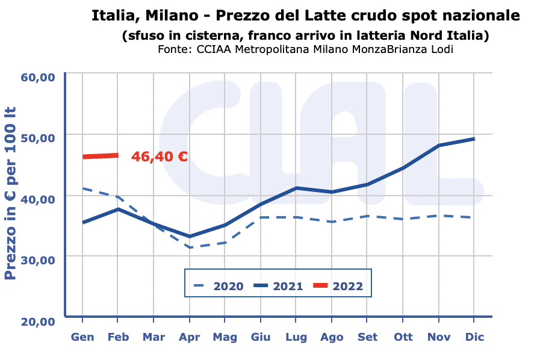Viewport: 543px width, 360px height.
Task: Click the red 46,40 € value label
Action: coord(160,157)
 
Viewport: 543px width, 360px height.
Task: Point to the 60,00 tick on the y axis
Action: coord(39,76)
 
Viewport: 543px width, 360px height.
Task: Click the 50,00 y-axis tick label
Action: coord(39,138)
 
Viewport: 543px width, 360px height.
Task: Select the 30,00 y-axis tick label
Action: coord(39,259)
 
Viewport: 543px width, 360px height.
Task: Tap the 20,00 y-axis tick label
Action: coord(39,321)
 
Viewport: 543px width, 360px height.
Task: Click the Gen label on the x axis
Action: coord(82,337)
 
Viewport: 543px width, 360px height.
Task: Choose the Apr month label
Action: coord(189,337)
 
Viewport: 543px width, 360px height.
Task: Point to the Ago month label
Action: coord(332,337)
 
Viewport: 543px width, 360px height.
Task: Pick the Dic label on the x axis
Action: coord(474,337)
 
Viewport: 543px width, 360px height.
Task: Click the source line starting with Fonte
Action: coord(305,49)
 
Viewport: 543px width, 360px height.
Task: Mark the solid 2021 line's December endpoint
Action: coord(474,139)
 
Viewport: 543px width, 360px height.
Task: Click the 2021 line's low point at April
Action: coord(190,237)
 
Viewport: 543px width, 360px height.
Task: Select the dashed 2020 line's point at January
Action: coord(83,188)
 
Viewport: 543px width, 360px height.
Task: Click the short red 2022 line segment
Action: coord(100,156)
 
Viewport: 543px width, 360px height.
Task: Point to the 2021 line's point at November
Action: coord(438,146)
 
